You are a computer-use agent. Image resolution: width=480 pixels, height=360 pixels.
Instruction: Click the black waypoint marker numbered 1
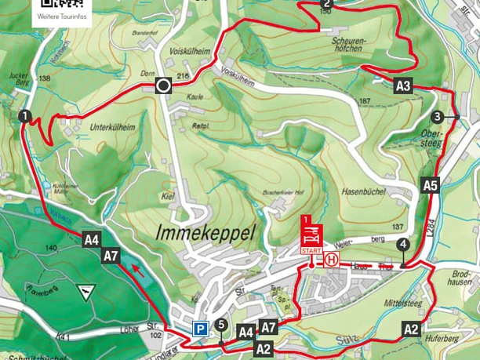[x=25, y=116]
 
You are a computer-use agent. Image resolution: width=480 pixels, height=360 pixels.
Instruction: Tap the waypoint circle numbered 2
[x=327, y=5]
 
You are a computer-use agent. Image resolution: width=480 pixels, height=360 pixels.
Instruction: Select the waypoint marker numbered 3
[x=436, y=118]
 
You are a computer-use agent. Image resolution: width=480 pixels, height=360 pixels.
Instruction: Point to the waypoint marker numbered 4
[x=402, y=245]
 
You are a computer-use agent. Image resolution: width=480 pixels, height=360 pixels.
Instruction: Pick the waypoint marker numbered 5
[x=222, y=324]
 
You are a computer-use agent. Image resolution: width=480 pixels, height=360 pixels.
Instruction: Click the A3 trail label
[x=403, y=87]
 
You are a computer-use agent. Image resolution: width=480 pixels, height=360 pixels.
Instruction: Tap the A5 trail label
[x=430, y=186]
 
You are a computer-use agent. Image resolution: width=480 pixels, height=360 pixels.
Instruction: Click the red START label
[x=311, y=249]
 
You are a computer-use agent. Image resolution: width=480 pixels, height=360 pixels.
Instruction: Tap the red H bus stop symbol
[x=333, y=259]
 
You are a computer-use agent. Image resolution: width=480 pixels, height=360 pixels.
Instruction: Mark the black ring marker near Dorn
[x=163, y=86]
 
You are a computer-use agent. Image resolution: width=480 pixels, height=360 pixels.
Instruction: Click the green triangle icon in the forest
[x=83, y=293]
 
